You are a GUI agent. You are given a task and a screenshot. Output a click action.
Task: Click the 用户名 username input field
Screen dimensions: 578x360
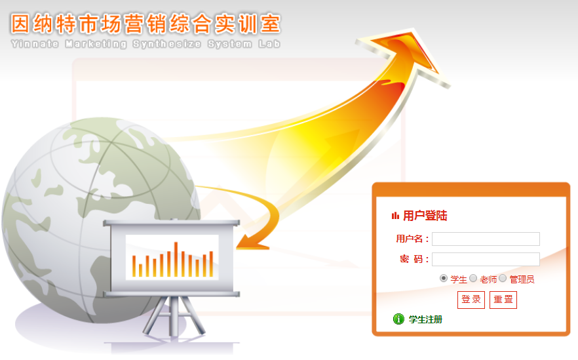point(486,239)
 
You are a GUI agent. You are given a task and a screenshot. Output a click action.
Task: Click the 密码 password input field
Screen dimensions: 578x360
point(486,259)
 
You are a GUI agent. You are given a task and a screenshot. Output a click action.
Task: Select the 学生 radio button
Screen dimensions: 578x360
point(444,279)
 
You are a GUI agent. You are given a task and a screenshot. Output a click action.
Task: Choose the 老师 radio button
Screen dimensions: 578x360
point(473,279)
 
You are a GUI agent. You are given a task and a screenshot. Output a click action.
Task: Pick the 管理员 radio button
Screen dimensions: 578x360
point(503,279)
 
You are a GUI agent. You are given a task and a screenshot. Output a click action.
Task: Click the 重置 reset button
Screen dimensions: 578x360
point(503,300)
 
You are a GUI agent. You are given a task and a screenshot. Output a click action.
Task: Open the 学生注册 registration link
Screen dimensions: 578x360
point(425,319)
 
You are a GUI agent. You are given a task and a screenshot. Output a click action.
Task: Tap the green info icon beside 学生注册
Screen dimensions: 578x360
point(398,319)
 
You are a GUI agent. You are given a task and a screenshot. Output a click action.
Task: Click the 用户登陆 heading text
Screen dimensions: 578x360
point(425,215)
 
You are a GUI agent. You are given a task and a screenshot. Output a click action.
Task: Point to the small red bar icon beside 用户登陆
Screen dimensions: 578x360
point(395,215)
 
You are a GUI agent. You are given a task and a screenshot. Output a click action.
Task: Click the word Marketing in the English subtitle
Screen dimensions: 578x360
point(96,44)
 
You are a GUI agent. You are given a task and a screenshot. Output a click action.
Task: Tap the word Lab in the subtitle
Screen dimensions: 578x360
point(269,44)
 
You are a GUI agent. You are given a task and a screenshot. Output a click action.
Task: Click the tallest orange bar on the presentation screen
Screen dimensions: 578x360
point(176,259)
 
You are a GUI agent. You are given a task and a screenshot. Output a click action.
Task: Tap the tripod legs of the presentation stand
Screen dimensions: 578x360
point(174,316)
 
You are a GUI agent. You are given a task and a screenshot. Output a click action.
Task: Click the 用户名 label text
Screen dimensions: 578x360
point(409,239)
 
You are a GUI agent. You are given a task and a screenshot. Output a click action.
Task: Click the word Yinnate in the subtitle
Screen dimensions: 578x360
point(35,44)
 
